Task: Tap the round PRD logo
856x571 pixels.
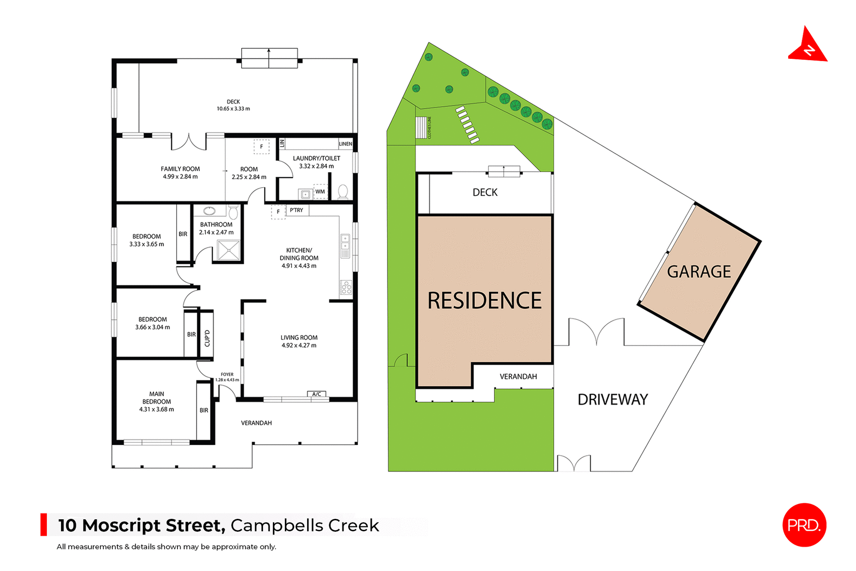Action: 804,525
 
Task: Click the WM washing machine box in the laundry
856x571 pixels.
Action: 320,192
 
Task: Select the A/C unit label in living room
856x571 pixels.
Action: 317,394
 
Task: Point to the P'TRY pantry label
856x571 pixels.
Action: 296,210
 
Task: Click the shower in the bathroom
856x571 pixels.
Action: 228,250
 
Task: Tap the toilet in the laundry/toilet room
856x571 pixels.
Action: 343,192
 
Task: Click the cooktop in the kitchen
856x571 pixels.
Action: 346,288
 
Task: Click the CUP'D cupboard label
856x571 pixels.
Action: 207,338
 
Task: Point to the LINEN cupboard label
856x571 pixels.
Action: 346,144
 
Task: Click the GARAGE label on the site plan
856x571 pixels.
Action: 699,271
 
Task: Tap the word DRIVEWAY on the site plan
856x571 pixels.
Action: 613,399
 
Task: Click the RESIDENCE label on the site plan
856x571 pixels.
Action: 484,300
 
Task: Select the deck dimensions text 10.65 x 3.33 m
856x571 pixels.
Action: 233,109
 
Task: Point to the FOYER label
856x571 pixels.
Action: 227,374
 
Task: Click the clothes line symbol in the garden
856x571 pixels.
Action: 421,127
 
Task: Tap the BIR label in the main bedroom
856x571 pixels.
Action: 204,410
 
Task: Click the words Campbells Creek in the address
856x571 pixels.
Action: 305,526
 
